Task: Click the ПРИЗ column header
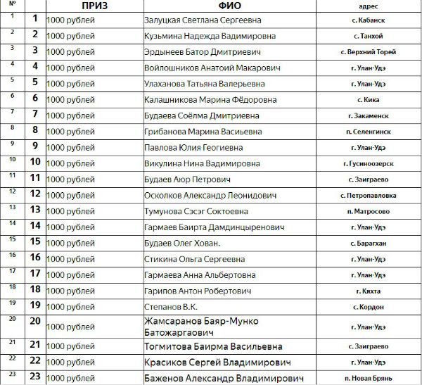point(94,6)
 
